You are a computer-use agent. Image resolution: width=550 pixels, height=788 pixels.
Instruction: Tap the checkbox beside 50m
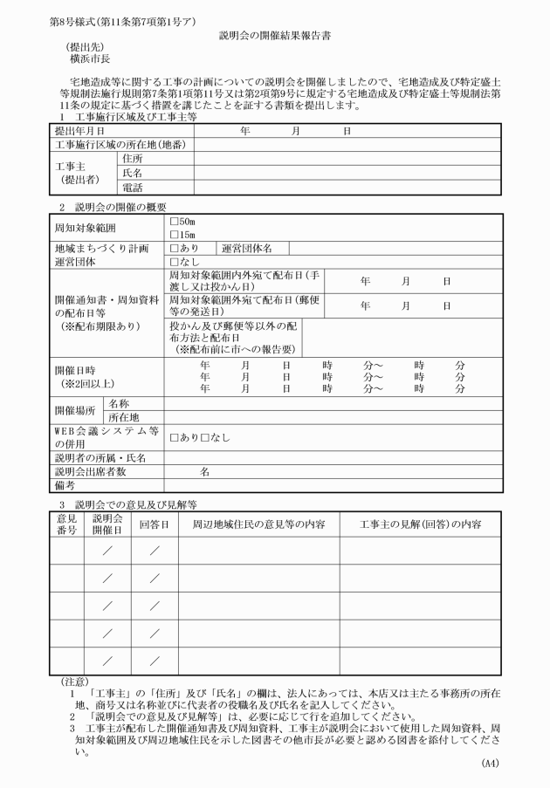[174, 223]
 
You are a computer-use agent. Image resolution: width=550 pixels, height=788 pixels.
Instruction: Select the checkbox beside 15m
[174, 235]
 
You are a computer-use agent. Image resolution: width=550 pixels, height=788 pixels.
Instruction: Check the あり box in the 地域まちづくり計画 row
[174, 249]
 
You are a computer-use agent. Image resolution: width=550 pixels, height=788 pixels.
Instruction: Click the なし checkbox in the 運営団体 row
[174, 261]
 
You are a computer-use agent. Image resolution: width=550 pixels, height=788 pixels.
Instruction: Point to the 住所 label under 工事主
[133, 159]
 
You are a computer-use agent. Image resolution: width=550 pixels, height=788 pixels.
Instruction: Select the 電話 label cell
[133, 187]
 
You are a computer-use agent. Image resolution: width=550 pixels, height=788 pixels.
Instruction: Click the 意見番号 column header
[67, 524]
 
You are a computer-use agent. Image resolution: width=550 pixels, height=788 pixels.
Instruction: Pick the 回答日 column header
[153, 524]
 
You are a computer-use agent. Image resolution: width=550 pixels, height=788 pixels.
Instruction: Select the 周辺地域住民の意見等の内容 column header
[258, 524]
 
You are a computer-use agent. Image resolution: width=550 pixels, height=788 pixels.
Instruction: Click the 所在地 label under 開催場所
[126, 417]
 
